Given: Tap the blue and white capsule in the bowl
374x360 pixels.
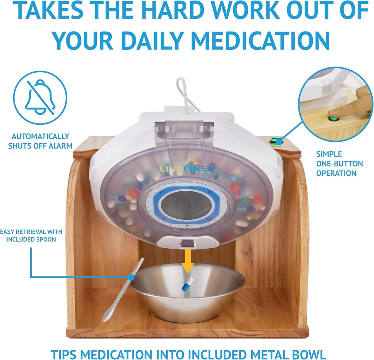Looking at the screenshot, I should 187,284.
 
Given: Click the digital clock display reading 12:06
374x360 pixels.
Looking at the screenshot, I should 186,206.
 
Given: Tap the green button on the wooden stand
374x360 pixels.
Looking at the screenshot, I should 275,141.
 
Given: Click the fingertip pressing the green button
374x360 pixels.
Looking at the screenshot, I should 333,115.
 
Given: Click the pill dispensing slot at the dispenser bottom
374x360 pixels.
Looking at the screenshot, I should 187,243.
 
